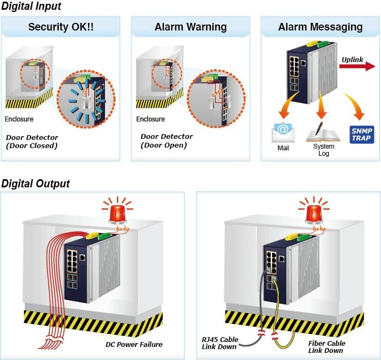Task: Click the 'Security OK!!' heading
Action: pos(61,27)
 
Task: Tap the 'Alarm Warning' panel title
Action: pos(190,27)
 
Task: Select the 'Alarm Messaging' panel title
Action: pos(321,27)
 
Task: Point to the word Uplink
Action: pos(352,59)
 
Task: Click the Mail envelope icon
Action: pos(283,132)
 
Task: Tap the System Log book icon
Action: pos(323,132)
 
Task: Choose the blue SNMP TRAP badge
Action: pos(362,135)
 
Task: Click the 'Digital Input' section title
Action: pos(31,6)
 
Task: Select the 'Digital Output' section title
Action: pos(35,184)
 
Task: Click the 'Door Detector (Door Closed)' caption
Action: pos(32,142)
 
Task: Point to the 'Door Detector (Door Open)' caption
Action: pos(167,141)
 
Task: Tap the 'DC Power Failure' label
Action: pos(134,344)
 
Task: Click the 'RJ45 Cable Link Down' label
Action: pos(220,343)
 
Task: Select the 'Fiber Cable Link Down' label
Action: pos(327,347)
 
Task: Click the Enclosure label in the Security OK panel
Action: pos(19,119)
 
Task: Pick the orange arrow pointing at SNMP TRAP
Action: pos(355,107)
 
